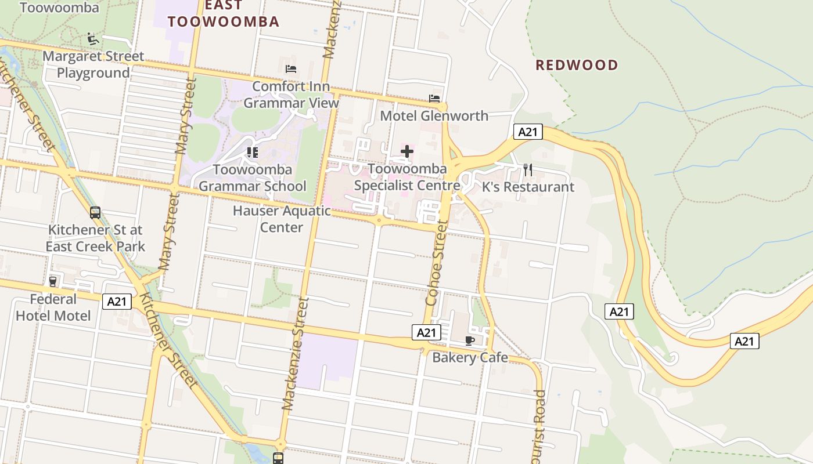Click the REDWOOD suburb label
tap(577, 65)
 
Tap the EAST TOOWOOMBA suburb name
tap(224, 14)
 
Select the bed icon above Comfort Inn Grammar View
tap(291, 69)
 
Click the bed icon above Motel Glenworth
tap(434, 99)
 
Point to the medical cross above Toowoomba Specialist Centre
tap(407, 152)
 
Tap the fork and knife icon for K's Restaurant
tap(528, 170)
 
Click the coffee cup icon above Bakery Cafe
tap(470, 340)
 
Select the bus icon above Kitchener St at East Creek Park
tap(95, 213)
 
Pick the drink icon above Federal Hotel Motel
tap(53, 282)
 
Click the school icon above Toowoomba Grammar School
tap(252, 153)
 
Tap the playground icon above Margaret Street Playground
tap(92, 39)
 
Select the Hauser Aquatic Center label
tap(282, 219)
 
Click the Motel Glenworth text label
tap(434, 116)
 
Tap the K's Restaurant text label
tap(528, 187)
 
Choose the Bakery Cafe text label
tap(470, 357)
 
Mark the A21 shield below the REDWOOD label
tap(527, 132)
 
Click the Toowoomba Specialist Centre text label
tap(407, 177)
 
